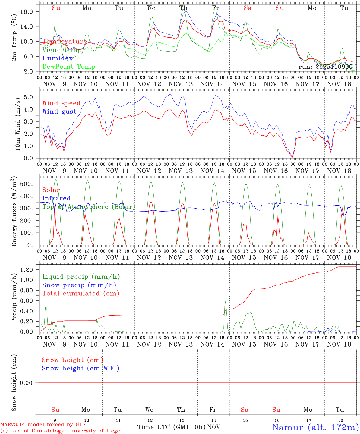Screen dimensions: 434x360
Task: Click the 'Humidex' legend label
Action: (x=57, y=58)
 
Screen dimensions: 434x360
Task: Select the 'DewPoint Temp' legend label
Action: (x=69, y=67)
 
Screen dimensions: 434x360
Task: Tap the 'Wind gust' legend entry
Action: (x=59, y=112)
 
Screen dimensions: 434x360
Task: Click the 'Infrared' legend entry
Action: (x=56, y=198)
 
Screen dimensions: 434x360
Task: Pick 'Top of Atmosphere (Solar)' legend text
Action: (x=89, y=207)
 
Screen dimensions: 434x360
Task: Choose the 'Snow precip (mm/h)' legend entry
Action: (x=79, y=285)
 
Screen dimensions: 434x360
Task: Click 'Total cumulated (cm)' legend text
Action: (x=81, y=293)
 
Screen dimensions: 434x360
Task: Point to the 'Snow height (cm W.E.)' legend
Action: (x=81, y=368)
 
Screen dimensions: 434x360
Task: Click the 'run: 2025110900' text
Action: (x=325, y=67)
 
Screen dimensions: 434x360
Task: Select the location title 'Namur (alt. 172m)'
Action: (x=315, y=427)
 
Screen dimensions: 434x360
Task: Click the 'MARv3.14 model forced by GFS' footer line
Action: (x=43, y=424)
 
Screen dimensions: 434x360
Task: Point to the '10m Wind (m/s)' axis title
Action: (x=18, y=124)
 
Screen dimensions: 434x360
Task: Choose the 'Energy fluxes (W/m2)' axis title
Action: (x=14, y=211)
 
